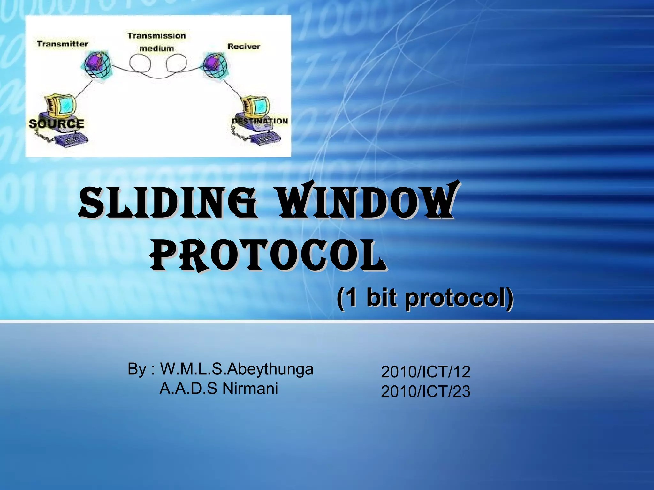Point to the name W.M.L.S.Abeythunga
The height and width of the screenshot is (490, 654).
(x=236, y=369)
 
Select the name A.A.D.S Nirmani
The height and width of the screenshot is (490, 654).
(x=218, y=389)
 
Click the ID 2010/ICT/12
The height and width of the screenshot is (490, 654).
(x=425, y=372)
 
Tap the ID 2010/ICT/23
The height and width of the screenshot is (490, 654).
(x=425, y=391)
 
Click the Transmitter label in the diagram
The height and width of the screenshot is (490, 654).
(x=62, y=44)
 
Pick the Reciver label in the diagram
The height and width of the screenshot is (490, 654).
(x=244, y=46)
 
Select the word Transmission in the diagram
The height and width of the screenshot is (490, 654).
(x=156, y=35)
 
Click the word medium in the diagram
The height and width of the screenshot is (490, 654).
(x=156, y=48)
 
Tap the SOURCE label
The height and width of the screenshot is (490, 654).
(x=56, y=123)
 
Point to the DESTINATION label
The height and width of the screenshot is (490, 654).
(x=260, y=121)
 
